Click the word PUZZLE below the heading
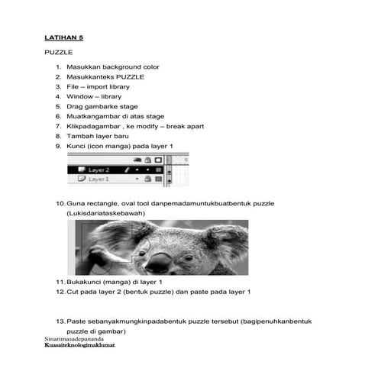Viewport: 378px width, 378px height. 58,53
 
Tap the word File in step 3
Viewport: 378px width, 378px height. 73,86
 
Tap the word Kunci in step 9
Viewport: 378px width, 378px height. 77,146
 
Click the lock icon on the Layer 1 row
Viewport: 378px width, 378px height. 147,179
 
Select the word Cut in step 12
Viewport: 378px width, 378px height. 73,292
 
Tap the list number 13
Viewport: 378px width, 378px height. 60,321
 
